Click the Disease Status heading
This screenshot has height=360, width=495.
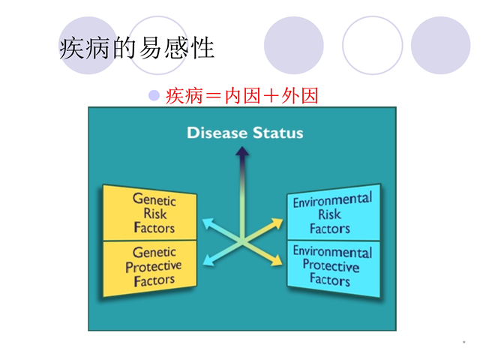(x=245, y=133)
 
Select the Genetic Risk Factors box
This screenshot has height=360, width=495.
(x=150, y=213)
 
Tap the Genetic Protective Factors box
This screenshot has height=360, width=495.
(x=150, y=268)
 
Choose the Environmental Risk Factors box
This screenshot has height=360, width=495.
(x=333, y=212)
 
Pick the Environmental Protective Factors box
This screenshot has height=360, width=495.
(x=333, y=268)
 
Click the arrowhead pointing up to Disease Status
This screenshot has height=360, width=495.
(x=242, y=151)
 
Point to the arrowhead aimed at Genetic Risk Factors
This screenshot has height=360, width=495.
(x=207, y=223)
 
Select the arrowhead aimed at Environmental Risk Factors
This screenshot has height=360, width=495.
(x=277, y=223)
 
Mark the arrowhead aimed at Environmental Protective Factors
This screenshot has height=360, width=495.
(x=277, y=261)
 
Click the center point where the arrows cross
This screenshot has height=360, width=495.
(x=242, y=242)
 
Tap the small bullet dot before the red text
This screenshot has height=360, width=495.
(x=154, y=95)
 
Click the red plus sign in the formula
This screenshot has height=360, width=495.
(x=271, y=96)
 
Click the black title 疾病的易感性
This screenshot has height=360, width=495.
(x=137, y=48)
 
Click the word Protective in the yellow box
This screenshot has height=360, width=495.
(x=154, y=266)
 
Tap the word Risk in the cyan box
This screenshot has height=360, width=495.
(x=329, y=214)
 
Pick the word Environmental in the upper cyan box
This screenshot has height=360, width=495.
(x=332, y=200)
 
